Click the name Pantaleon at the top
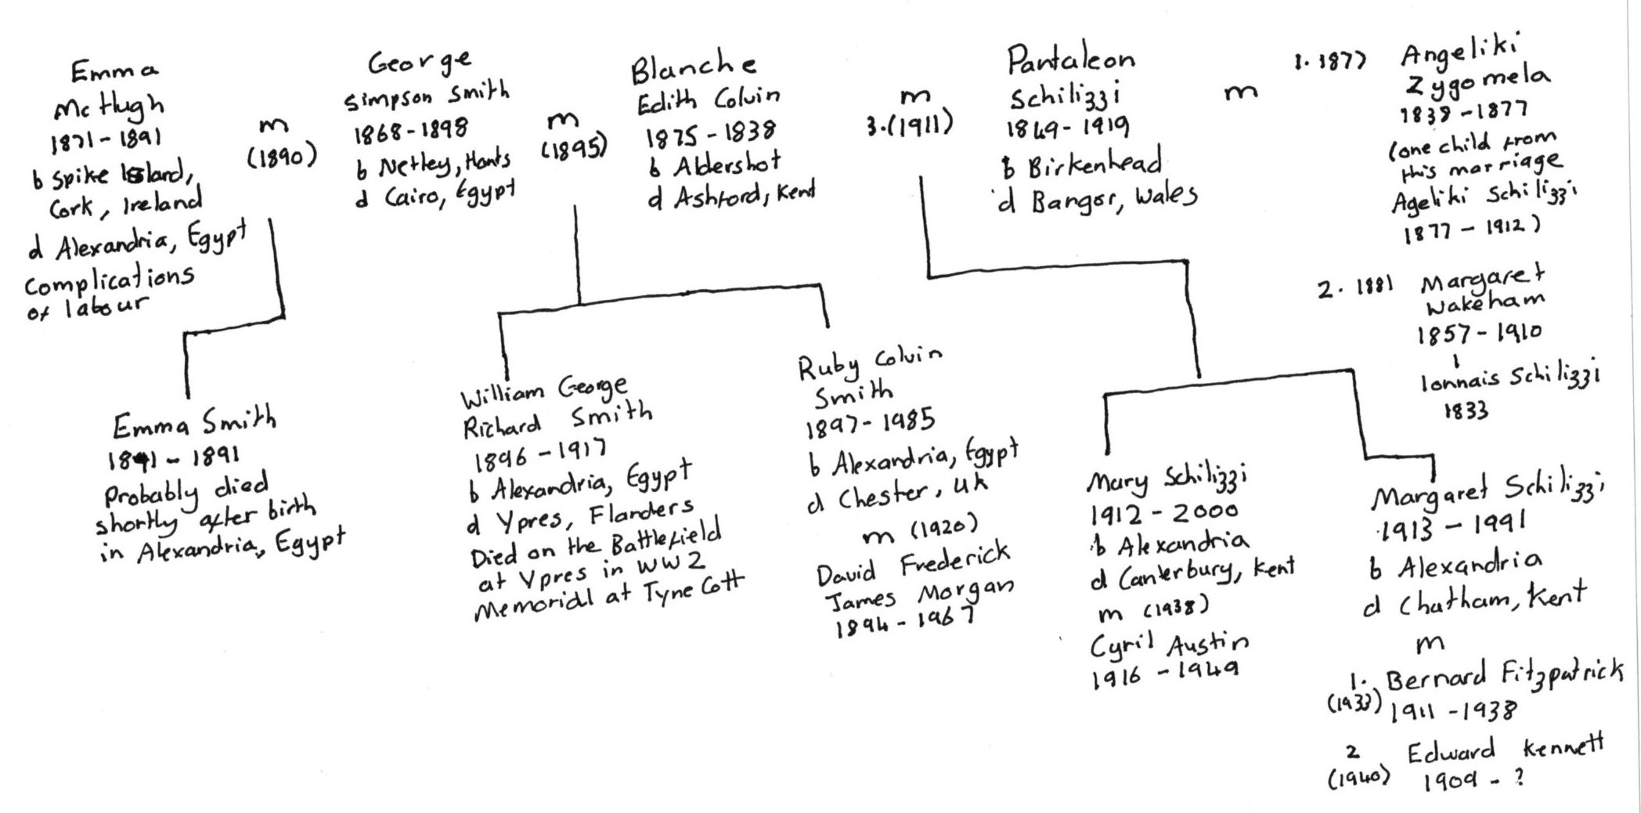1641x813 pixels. click(1069, 58)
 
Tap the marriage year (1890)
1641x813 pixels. click(281, 158)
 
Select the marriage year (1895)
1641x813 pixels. click(574, 148)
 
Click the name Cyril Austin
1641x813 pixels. click(1170, 645)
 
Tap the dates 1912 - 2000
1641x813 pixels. click(1163, 512)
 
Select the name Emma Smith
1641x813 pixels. click(194, 424)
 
